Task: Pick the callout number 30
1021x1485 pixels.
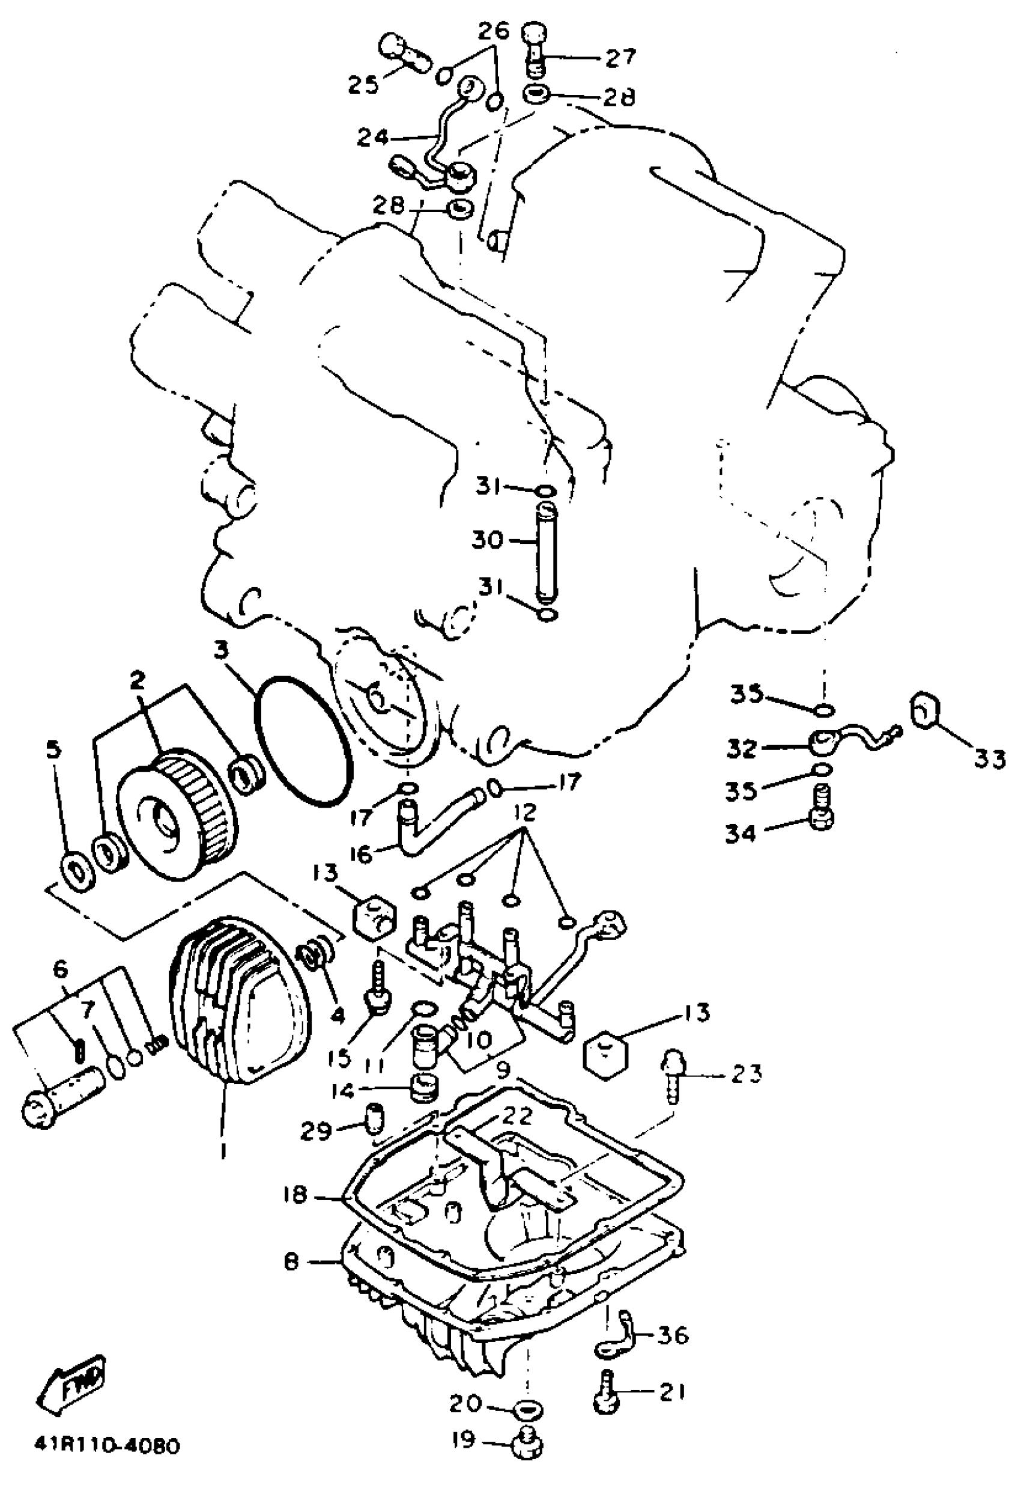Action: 488,540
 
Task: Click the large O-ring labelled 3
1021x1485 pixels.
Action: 304,740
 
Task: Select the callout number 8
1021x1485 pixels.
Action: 292,1262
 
